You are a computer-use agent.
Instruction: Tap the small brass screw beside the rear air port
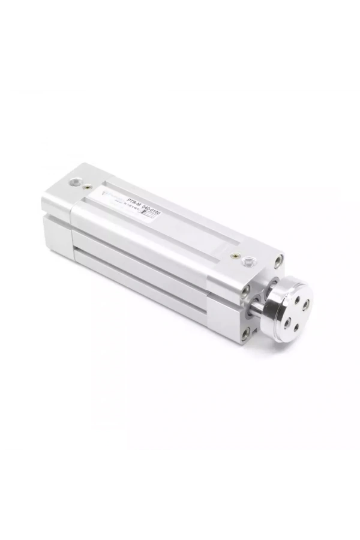pyautogui.click(x=89, y=187)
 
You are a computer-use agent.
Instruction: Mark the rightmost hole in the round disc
pyautogui.click(x=305, y=304)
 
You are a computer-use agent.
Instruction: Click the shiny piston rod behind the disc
pyautogui.click(x=257, y=309)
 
